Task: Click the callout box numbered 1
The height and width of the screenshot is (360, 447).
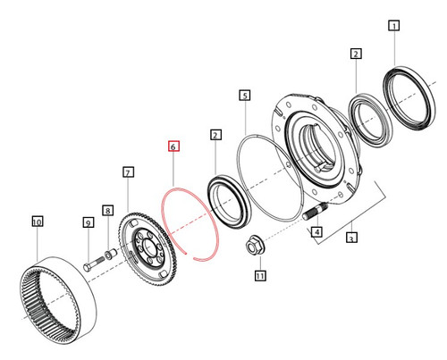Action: pos(393,27)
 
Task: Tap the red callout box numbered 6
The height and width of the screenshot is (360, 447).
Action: pos(173,145)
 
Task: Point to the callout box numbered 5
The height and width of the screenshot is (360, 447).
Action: pos(244,94)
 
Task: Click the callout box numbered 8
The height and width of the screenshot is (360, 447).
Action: pos(107,211)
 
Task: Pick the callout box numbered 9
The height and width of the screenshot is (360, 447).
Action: pos(89,222)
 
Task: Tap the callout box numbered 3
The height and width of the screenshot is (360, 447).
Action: pos(352,239)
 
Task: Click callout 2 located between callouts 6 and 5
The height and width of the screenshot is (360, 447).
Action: pos(215,135)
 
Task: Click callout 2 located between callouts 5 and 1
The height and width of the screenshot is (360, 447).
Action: pos(356,54)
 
